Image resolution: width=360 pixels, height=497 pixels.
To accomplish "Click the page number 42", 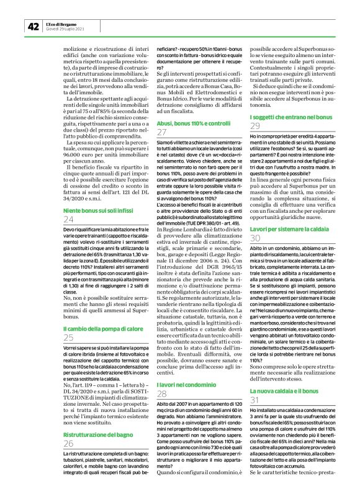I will pos(33,26).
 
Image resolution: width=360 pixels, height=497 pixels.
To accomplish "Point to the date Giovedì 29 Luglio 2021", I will pos(66,29).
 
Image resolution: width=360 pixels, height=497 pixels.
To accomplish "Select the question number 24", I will pos(68,220).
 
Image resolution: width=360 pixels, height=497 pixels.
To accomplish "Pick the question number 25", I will pos(68,338).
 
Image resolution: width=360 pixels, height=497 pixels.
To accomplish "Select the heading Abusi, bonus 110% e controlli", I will pos(193,123).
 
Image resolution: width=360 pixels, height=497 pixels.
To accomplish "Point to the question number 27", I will pos(162,133).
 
